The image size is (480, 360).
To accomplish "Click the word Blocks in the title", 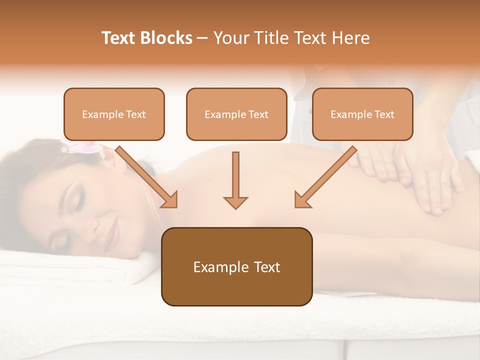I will click(166, 38).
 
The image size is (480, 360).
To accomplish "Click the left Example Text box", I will click(114, 114).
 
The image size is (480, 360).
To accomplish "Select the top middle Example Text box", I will click(236, 114).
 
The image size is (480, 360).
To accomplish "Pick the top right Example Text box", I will click(362, 114).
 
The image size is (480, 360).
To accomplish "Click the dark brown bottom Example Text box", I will click(236, 266).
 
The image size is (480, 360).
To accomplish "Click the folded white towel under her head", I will click(75, 270).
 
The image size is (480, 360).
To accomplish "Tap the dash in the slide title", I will click(202, 38).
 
